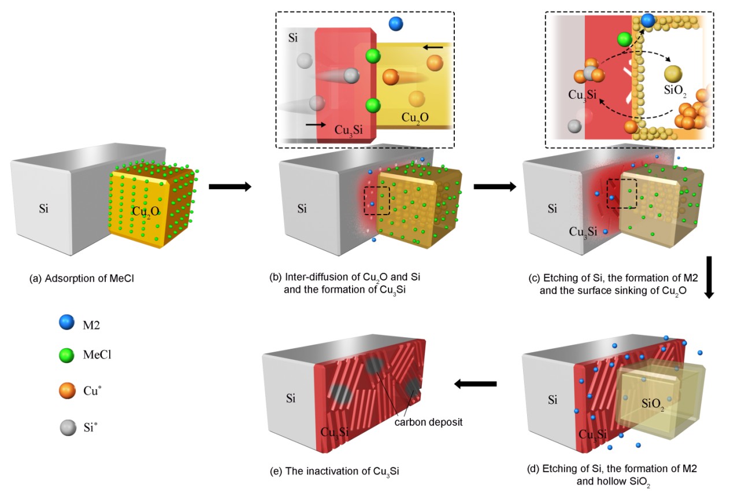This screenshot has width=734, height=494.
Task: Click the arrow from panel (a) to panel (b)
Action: click(230, 187)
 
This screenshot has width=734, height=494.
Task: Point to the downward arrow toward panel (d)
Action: click(710, 277)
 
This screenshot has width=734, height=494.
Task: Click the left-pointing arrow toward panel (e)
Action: click(475, 384)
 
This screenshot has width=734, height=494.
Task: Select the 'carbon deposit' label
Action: click(428, 422)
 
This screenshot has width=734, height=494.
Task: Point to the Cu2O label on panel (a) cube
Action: click(146, 211)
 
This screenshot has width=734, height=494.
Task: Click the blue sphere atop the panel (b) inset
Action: click(396, 24)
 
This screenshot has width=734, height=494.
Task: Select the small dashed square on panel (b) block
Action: click(377, 200)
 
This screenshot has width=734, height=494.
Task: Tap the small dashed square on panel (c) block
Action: click(622, 193)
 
